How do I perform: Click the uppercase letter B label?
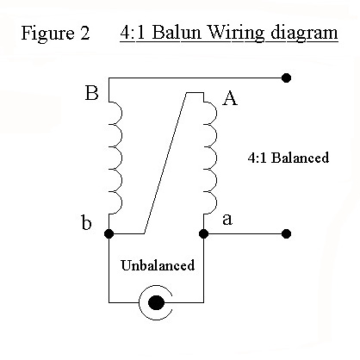coord(91,93)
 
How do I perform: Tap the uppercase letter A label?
coord(230,99)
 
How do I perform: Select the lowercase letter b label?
coord(86,222)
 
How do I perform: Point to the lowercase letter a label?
coord(227,220)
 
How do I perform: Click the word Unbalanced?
coord(158,265)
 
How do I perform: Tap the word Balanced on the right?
coord(300,158)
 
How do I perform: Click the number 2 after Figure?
coord(84,33)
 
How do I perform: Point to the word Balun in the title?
coord(177,33)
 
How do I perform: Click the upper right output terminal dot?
coord(286,78)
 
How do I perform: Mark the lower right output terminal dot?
coord(286,233)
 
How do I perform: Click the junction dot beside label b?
coord(109,233)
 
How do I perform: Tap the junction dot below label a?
coord(203,233)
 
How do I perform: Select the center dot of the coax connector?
coord(156,302)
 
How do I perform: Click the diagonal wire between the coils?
coord(165,163)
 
